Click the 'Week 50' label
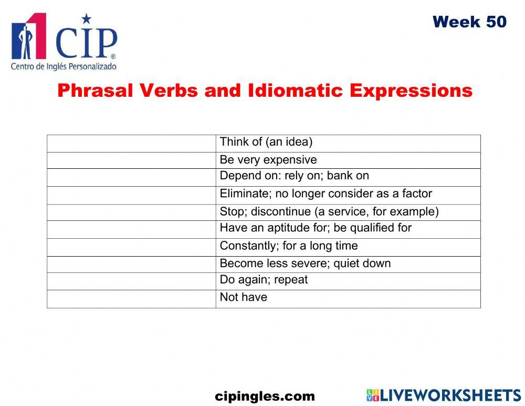tap(469, 22)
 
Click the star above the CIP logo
tap(87, 19)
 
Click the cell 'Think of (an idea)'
tap(266, 142)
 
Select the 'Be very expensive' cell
tap(268, 160)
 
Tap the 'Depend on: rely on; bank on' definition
tap(294, 176)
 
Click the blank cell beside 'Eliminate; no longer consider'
tap(131, 195)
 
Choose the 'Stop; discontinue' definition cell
tap(329, 212)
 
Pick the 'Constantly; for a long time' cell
tap(289, 246)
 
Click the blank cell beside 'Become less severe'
tap(131, 264)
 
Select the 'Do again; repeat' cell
tap(264, 280)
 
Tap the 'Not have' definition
tap(244, 297)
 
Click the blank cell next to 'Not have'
tap(131, 299)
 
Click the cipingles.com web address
tap(265, 397)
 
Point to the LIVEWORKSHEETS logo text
tap(450, 396)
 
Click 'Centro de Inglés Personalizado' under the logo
tap(64, 67)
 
